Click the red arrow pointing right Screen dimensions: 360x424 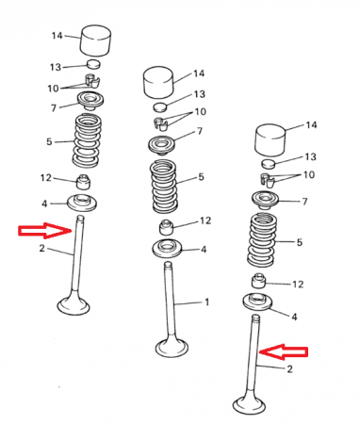[x=45, y=231]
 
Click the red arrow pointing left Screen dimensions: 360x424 [x=284, y=351]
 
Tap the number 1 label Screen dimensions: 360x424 [x=206, y=302]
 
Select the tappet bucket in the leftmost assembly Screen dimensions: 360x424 [x=96, y=41]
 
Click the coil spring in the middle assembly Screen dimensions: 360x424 [x=164, y=186]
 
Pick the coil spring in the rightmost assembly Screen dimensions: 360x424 [x=262, y=239]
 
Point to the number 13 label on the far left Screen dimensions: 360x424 [x=56, y=67]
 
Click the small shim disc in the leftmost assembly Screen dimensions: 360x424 [x=93, y=64]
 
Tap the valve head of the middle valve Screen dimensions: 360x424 [x=172, y=348]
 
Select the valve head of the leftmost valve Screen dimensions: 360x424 [x=74, y=304]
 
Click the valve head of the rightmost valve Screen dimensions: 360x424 [x=249, y=403]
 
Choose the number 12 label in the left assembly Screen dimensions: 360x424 [x=46, y=178]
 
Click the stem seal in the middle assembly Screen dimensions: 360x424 [x=167, y=228]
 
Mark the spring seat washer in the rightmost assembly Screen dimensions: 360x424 [x=257, y=302]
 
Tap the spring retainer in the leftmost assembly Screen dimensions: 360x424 [x=90, y=101]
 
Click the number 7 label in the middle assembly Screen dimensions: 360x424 [x=200, y=131]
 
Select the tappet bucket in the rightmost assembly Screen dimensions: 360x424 [x=270, y=139]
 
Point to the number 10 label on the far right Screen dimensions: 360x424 [x=309, y=174]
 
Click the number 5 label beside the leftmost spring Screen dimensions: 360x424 [x=49, y=141]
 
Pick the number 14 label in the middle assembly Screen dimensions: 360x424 [x=199, y=73]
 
